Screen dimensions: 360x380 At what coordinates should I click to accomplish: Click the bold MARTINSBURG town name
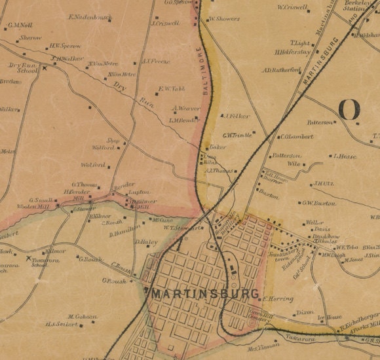click(x=205, y=294)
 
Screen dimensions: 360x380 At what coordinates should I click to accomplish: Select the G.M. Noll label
click(x=20, y=26)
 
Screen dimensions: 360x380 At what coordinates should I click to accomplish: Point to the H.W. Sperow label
click(x=64, y=46)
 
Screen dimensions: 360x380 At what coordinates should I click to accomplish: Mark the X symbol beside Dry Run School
click(x=45, y=67)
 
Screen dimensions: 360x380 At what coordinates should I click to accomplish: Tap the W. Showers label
click(x=224, y=19)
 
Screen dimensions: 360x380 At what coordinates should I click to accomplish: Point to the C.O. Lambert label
click(x=296, y=137)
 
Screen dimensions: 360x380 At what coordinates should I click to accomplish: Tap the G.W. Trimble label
click(x=237, y=136)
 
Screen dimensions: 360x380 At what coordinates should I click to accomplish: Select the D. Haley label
click(x=147, y=242)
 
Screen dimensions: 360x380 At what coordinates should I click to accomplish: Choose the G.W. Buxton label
click(x=319, y=203)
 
